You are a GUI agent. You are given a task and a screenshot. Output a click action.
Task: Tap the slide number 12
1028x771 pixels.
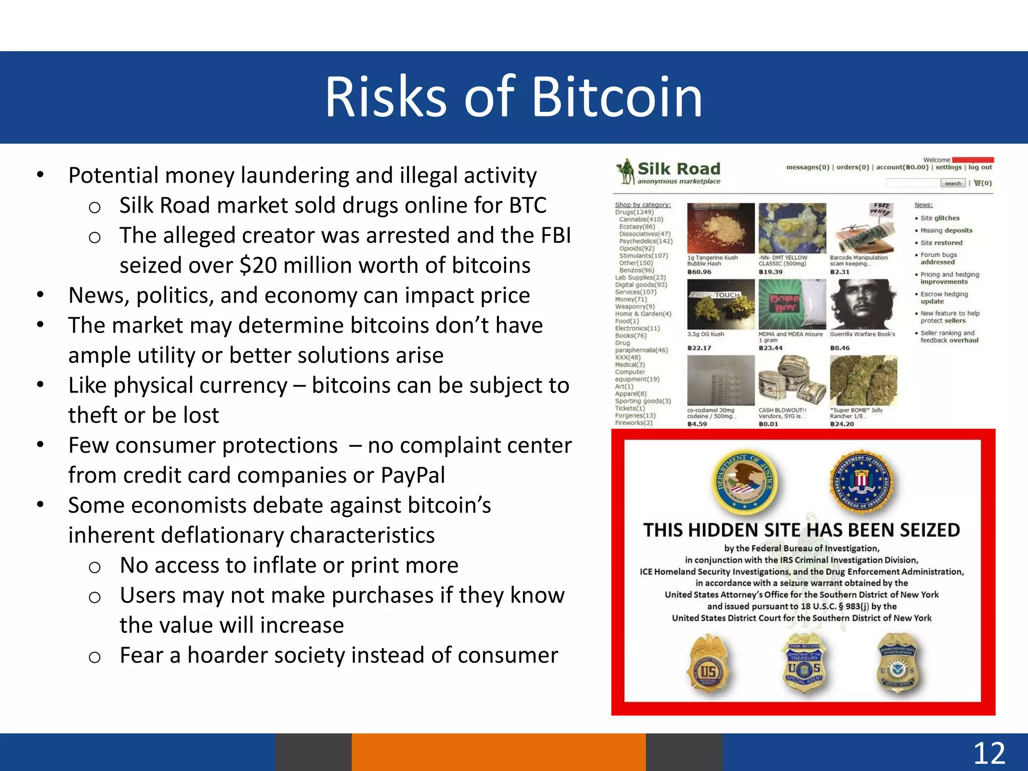click(989, 753)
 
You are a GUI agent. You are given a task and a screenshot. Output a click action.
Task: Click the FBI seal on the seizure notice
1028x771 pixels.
click(861, 479)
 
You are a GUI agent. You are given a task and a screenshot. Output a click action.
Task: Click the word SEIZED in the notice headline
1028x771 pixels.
click(929, 530)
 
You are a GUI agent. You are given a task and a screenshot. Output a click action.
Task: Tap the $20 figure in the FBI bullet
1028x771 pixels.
click(258, 266)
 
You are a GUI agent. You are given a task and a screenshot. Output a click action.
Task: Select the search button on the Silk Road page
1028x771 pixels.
click(952, 184)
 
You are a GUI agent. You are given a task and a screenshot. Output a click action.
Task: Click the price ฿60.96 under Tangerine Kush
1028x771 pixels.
click(699, 272)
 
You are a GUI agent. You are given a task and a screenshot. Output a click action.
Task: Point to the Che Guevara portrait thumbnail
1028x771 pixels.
click(863, 305)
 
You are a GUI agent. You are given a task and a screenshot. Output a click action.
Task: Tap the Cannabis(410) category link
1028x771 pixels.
click(641, 219)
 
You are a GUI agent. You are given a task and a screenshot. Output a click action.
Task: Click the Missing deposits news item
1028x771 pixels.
click(946, 230)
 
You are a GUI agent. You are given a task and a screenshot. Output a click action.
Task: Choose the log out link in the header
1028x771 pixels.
click(980, 168)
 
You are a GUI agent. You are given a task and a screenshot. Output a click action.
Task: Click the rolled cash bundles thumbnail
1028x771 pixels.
click(792, 380)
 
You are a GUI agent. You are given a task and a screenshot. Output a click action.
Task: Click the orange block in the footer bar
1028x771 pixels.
click(498, 752)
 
